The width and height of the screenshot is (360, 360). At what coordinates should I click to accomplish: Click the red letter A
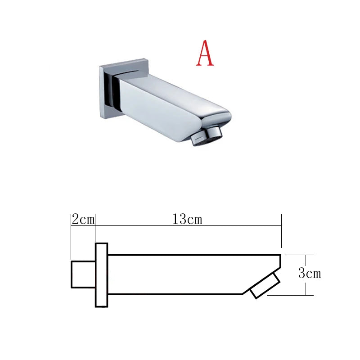(x=205, y=53)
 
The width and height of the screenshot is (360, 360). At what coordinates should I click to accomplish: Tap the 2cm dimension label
(x=83, y=219)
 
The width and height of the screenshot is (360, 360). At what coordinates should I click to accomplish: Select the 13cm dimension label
(x=187, y=219)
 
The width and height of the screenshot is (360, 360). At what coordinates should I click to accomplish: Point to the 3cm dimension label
(x=310, y=273)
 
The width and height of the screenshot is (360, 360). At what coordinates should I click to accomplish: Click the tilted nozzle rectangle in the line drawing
(x=265, y=286)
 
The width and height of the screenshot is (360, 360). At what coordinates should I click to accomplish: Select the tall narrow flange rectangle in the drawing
(x=102, y=275)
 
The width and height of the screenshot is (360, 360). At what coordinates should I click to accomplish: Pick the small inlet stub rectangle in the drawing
(x=83, y=274)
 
